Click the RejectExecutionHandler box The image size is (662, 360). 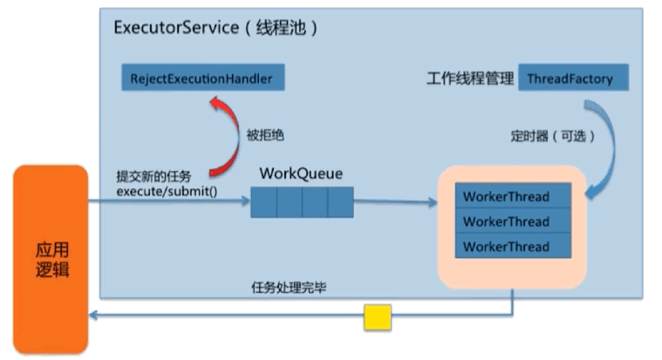[x=202, y=78]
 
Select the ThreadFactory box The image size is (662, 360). [x=570, y=78]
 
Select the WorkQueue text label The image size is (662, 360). [x=301, y=173]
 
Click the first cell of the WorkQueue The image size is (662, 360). [x=263, y=203]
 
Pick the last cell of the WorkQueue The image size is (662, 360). [x=340, y=203]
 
